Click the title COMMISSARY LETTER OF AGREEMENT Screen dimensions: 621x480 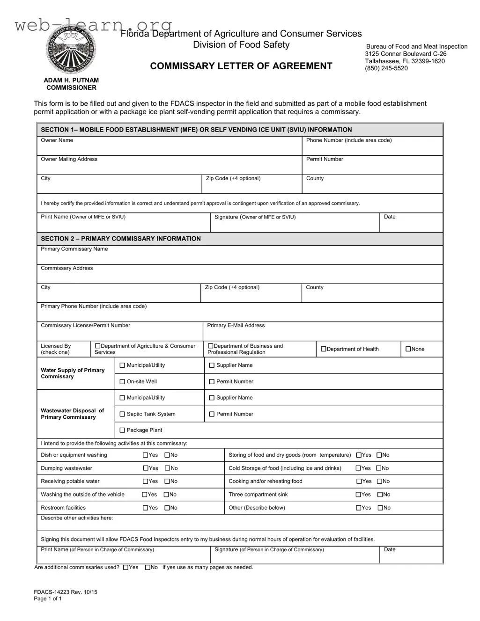click(x=241, y=66)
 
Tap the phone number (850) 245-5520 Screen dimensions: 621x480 click(x=386, y=68)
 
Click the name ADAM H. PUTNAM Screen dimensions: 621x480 click(x=71, y=80)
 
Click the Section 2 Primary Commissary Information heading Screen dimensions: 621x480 click(x=121, y=239)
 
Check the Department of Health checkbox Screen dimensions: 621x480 click(x=324, y=349)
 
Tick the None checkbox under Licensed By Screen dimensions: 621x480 click(x=408, y=349)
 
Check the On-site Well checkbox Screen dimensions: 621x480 click(x=123, y=382)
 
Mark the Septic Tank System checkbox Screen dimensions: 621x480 click(x=123, y=414)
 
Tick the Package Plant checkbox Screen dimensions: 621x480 click(x=123, y=431)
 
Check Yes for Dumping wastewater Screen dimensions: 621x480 click(x=146, y=468)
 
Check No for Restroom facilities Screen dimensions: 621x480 click(x=167, y=508)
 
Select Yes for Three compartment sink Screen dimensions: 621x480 click(x=359, y=495)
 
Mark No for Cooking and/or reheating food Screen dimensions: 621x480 click(x=380, y=482)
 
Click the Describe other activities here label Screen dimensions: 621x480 click(x=77, y=518)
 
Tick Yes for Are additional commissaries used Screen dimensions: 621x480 click(x=126, y=568)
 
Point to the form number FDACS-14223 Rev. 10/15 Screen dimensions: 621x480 click(x=66, y=592)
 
